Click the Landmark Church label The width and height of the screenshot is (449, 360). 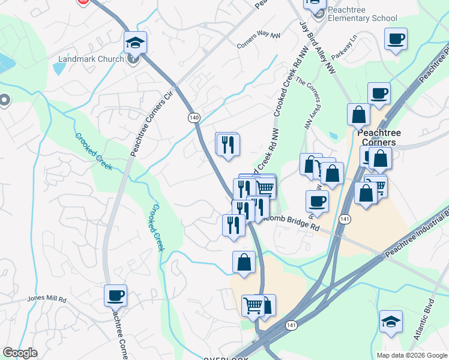91,59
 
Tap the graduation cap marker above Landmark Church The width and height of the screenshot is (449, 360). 135,43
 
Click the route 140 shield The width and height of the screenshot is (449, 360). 193,118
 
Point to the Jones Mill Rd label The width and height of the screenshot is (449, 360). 46,298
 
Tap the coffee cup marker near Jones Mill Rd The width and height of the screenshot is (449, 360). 115,295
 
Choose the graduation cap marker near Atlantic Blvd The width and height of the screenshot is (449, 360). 391,322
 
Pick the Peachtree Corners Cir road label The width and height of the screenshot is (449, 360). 151,123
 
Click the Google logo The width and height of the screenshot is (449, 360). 20,353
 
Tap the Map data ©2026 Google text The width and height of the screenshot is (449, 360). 412,355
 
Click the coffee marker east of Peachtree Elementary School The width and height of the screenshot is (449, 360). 396,39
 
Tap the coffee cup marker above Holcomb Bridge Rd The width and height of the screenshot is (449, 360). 317,201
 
